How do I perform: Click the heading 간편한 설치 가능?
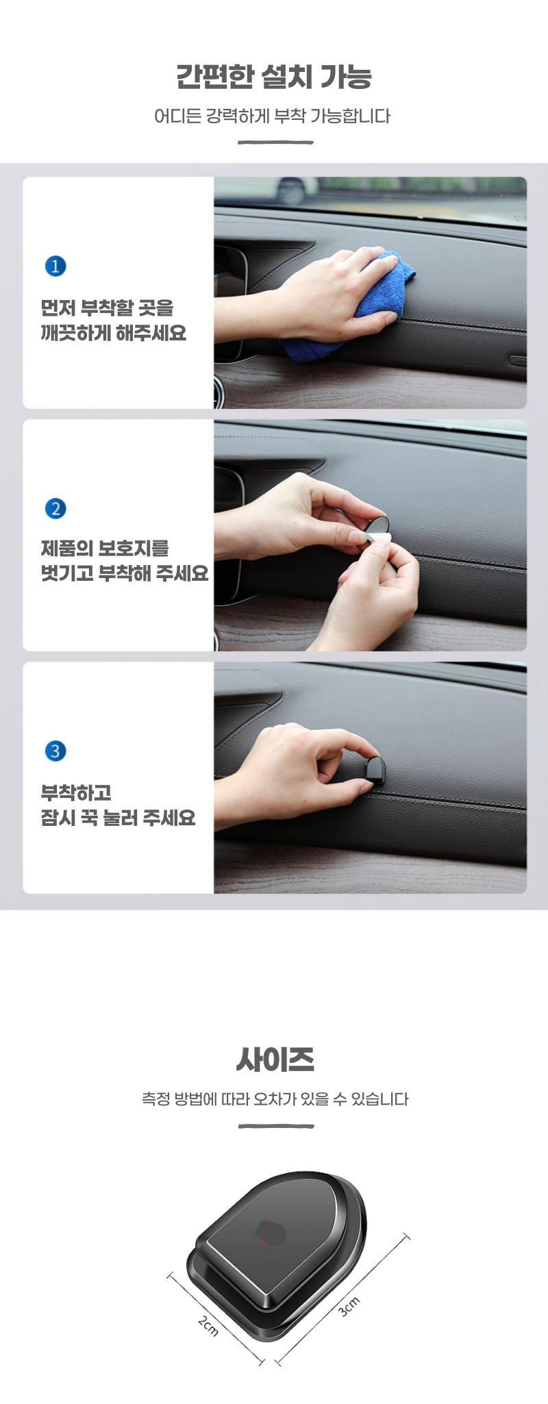tap(274, 77)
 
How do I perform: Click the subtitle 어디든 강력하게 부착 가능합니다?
tap(273, 116)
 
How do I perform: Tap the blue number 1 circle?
tap(55, 266)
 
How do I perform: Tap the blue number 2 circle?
tap(55, 508)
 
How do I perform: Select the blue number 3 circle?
tap(55, 751)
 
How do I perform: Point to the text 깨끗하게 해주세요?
tap(114, 334)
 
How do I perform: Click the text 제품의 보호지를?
tap(105, 549)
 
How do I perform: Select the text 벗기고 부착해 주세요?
tap(125, 573)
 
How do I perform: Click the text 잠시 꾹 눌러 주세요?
tap(118, 818)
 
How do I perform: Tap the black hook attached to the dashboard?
tap(372, 770)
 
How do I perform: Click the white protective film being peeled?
tap(375, 538)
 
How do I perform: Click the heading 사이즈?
tap(275, 1060)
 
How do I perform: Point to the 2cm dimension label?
tap(208, 1326)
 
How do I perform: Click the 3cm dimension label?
tap(349, 1307)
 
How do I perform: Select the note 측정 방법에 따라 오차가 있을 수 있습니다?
tap(275, 1099)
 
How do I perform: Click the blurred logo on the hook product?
tap(271, 1233)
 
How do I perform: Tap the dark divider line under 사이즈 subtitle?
tap(276, 1126)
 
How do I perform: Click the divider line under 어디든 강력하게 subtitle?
tap(275, 142)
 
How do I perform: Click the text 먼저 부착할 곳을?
tap(107, 308)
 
